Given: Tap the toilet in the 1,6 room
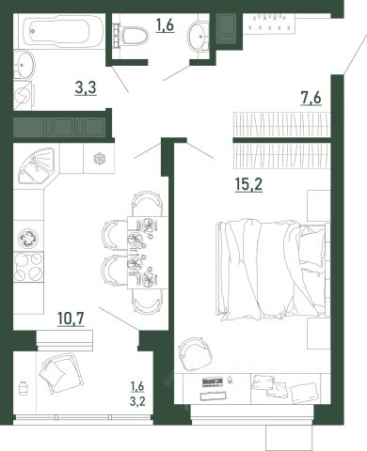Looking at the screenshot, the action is coord(131,35).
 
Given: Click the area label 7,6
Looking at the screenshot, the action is coord(311,98).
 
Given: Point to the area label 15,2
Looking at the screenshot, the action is coord(248,184).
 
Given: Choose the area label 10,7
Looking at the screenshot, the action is coord(71,319).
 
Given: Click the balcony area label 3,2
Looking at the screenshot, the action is coord(137,401).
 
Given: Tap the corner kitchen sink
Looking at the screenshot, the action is coord(37,165).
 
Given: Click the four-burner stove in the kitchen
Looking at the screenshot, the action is coord(28,267).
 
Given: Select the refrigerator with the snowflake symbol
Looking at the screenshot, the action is coord(100,159).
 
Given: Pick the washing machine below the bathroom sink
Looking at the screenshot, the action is coord(23,96).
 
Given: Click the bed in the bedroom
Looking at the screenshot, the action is coord(272,270).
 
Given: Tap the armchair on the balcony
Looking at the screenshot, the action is coord(62,373).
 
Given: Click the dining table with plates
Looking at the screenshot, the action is coord(148,252).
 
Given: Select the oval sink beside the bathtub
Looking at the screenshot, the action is coord(24,65).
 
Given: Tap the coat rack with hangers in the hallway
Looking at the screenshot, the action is coord(269,23).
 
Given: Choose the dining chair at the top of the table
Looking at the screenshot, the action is coord(148,203).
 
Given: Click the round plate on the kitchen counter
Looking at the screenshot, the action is coord(28,237).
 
